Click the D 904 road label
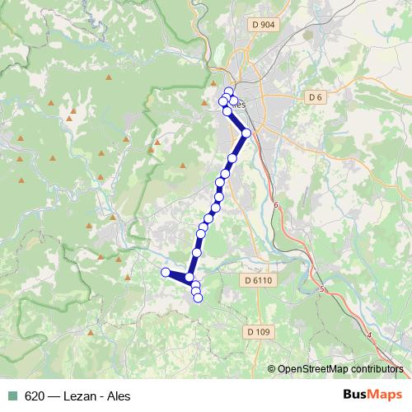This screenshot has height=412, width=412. coord(264,26)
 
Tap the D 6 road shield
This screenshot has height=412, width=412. coord(314,97)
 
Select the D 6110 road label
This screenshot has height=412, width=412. coord(258,280)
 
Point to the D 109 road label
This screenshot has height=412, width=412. coord(258,331)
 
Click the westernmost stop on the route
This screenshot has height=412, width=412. coord(166,272)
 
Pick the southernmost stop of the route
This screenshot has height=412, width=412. coord(198,297)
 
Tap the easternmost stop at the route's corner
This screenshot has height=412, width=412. coord(246,132)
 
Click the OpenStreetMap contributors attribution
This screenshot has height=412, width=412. coord(340,369)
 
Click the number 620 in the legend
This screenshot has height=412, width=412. coord(34,396)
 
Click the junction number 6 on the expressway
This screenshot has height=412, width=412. coord(277,205)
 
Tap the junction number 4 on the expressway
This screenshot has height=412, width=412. coord(370,335)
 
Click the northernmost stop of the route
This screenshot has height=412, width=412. coord(229,91)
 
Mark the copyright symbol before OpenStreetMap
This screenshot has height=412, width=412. coord(272,369)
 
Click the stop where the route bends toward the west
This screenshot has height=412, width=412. coord(190,278)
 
